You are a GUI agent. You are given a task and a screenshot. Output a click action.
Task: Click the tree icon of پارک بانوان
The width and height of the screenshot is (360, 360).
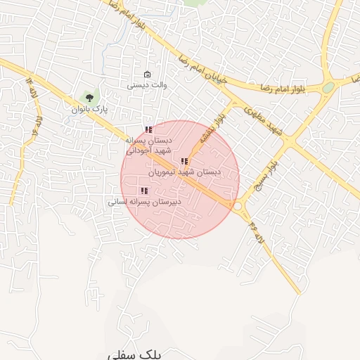coord(89,97)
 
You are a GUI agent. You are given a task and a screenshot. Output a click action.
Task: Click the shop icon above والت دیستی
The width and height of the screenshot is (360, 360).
coord(147,75)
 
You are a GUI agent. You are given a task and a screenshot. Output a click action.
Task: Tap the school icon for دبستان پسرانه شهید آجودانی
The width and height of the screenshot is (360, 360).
coord(148,129)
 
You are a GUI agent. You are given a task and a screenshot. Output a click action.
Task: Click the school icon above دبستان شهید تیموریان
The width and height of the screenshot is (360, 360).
coord(184,162)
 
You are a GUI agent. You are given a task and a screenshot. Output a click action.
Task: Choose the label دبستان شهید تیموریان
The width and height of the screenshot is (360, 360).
coord(185,172)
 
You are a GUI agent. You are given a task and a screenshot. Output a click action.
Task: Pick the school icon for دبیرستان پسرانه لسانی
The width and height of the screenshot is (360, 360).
coord(144,191)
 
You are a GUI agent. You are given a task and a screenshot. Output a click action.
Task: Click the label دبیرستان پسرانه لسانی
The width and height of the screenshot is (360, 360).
coord(144,201)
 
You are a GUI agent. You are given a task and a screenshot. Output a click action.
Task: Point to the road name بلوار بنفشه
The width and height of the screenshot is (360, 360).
coord(212,127)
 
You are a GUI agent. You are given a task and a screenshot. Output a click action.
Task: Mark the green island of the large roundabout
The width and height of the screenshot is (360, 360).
coord(328,88)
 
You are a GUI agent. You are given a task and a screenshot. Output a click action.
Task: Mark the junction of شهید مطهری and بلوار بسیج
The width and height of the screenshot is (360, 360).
coord(290,142)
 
